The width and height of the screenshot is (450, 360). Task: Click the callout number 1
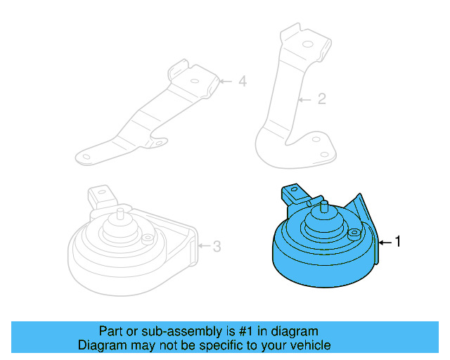(x=398, y=242)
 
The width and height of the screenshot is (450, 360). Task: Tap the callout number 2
(x=321, y=99)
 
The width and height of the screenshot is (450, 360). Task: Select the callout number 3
(x=217, y=246)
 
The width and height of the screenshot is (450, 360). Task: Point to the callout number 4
(x=242, y=82)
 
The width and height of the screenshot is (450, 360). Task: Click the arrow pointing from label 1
(x=385, y=242)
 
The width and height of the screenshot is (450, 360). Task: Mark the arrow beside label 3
(x=203, y=246)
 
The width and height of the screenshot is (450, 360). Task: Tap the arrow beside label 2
(x=304, y=99)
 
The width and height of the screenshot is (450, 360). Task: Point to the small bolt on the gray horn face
(x=147, y=239)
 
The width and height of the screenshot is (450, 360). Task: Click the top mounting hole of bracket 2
(x=307, y=44)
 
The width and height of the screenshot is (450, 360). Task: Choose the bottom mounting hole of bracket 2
(x=324, y=155)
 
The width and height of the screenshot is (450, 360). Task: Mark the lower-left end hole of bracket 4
(x=86, y=155)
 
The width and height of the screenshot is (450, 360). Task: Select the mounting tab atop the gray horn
(x=98, y=195)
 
